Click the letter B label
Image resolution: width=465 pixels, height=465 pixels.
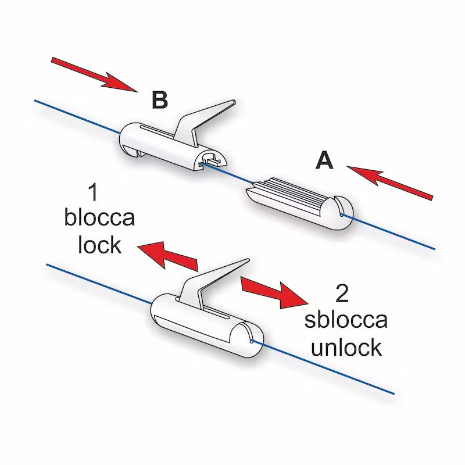coord(159,100)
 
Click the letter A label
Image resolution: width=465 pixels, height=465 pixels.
coord(324,160)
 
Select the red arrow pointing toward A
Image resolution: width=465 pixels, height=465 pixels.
coord(391,181)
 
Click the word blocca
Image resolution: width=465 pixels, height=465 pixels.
coord(99,219)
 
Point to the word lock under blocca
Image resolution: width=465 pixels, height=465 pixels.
coord(99,245)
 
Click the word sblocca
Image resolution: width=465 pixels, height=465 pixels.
coord(346,320)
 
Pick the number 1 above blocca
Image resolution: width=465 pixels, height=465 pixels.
coord(93,192)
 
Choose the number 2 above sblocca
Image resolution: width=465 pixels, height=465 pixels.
coord(342,294)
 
